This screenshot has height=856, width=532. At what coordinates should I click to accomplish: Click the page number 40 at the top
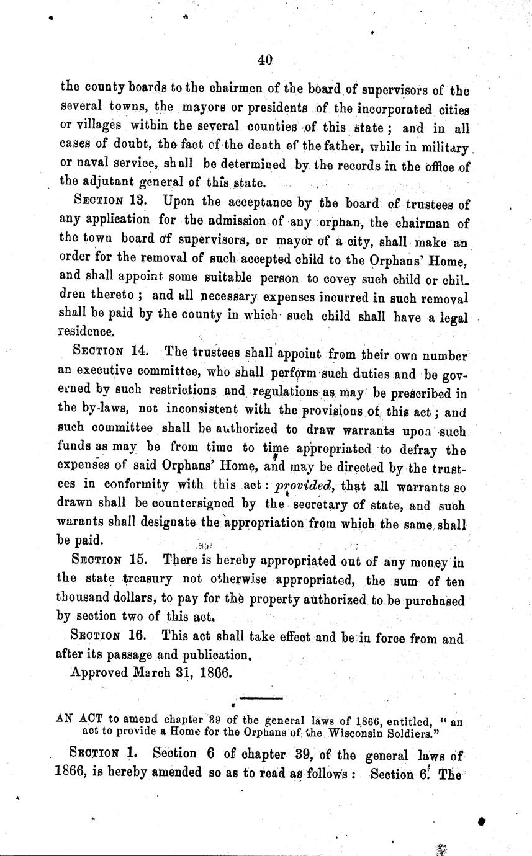(x=265, y=60)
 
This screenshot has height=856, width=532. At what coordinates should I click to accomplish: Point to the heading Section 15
(x=110, y=559)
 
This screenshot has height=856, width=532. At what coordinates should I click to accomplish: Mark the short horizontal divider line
(x=261, y=699)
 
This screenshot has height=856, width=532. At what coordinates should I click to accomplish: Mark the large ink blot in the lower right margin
(x=481, y=820)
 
